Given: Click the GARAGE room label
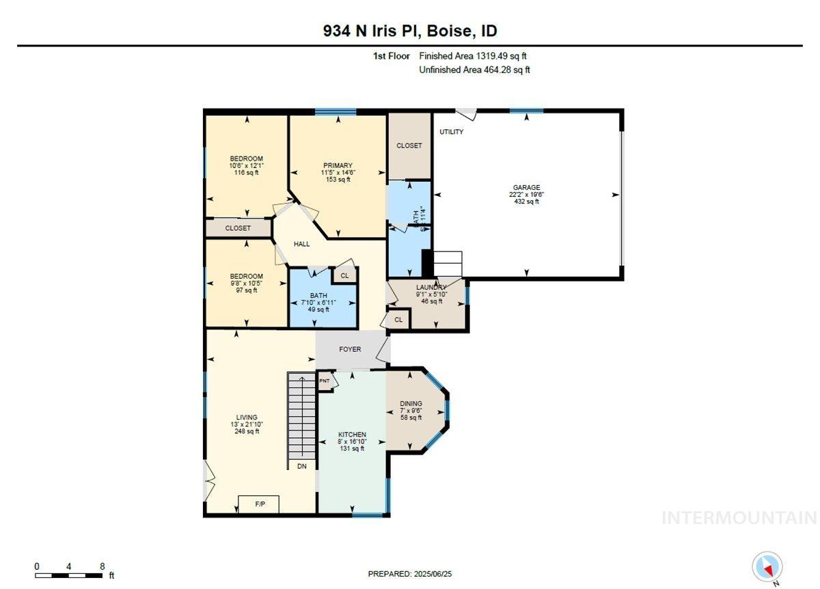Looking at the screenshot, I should click(x=526, y=187).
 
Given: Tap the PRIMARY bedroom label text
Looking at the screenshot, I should click(x=338, y=165).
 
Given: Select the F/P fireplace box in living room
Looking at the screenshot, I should click(x=260, y=504).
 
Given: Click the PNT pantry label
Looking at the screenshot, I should click(x=325, y=381).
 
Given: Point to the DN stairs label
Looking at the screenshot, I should click(x=302, y=466).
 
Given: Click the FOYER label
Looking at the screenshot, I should click(x=350, y=349).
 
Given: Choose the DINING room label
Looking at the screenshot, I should click(x=411, y=404).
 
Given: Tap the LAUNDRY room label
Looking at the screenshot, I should click(x=431, y=287).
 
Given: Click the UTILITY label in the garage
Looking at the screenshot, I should click(x=451, y=131).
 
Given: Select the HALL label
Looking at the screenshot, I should click(x=301, y=244).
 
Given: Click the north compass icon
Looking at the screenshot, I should click(x=767, y=567).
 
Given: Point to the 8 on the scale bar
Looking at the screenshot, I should click(x=102, y=566).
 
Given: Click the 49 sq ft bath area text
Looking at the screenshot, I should click(x=318, y=309).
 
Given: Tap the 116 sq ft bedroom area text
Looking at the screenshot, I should click(x=246, y=173).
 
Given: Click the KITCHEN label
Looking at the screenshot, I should click(x=353, y=435).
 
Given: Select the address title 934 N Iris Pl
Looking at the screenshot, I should click(x=410, y=31).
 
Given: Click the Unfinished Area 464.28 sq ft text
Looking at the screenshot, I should click(x=474, y=70).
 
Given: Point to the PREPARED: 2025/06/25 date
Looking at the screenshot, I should click(x=410, y=574).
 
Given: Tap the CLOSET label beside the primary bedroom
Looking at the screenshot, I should click(x=409, y=146).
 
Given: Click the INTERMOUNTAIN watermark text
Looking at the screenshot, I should click(x=739, y=518).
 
